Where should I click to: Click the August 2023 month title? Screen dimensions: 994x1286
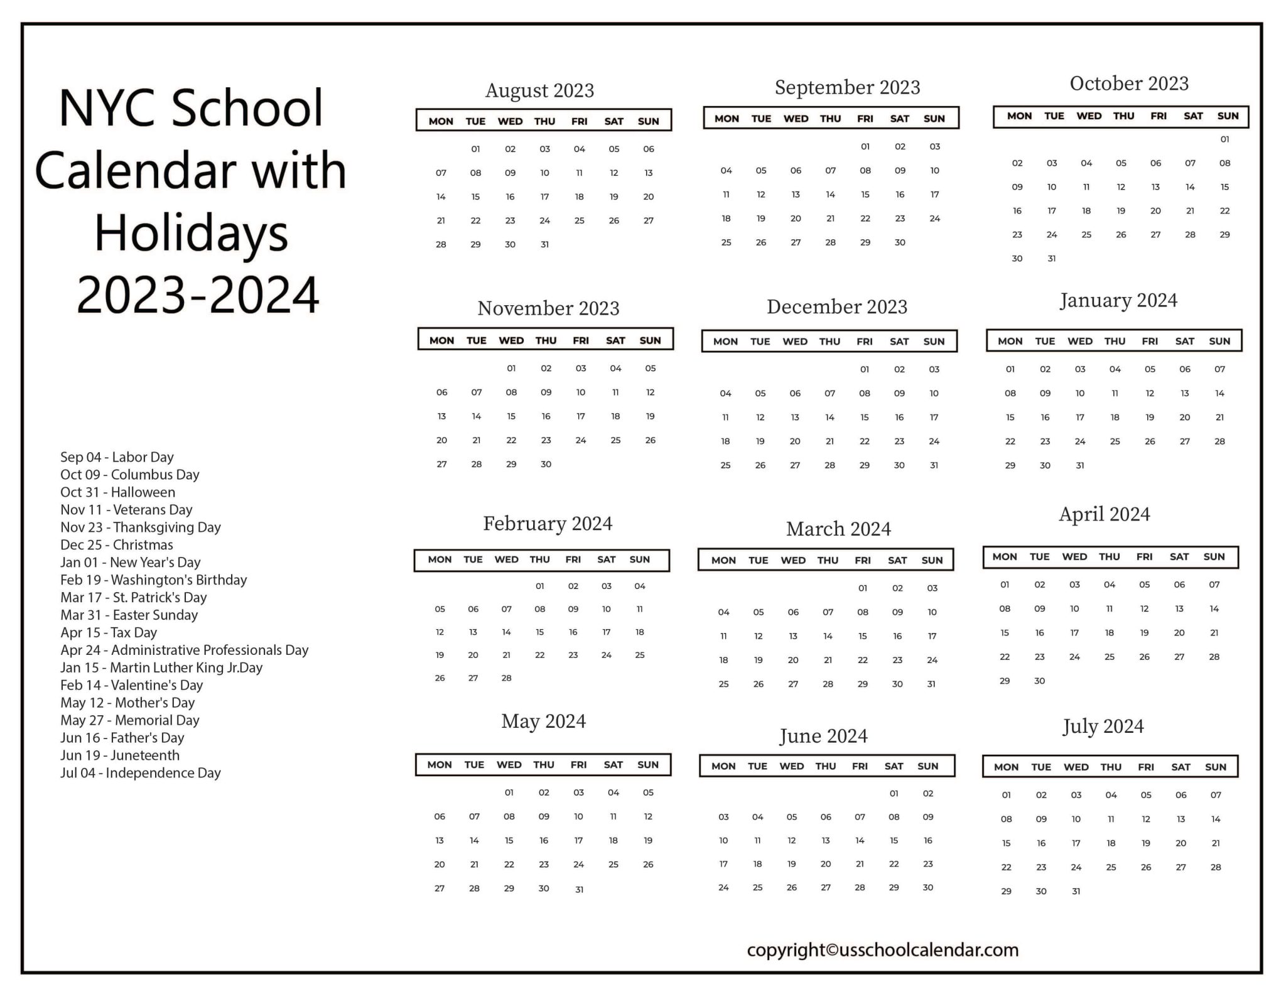539,90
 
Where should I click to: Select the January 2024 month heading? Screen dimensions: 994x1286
1118,300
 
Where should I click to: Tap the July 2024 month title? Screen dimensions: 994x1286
1103,727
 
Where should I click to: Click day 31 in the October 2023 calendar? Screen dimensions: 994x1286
1052,259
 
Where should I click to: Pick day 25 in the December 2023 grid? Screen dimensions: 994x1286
725,465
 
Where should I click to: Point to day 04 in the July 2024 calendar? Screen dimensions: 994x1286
1111,796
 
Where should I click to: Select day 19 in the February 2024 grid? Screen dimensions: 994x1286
440,655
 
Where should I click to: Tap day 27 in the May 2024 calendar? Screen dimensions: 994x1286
440,889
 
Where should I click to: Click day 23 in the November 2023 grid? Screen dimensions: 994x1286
546,440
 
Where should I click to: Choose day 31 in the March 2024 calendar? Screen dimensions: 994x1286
931,684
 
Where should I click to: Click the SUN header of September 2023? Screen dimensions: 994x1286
934,119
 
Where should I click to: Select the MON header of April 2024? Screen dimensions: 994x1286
1005,557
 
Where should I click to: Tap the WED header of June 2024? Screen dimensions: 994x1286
791,766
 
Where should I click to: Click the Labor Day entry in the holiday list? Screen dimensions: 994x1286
117,457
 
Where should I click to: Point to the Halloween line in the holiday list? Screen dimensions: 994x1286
117,492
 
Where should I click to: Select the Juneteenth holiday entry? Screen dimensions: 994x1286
120,755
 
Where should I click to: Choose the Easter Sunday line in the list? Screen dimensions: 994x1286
129,615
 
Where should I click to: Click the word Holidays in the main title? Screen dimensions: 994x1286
191,233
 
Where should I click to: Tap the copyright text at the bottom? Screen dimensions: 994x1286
882,950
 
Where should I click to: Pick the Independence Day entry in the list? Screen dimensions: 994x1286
140,773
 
